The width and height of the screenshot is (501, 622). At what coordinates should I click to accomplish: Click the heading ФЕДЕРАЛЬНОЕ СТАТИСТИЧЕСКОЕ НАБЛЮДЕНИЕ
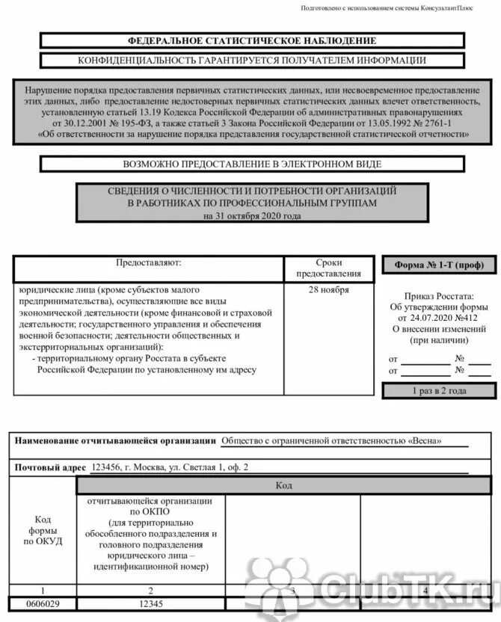pos(252,40)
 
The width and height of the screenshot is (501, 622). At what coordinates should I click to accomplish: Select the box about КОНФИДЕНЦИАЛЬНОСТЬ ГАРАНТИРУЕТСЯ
pos(252,61)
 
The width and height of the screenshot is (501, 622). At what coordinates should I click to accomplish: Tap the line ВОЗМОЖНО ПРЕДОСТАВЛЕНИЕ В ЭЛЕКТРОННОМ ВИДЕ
pos(252,164)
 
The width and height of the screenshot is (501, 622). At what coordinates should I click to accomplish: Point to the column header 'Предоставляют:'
pos(148,263)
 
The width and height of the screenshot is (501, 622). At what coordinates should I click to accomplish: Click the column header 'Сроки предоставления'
pos(329,268)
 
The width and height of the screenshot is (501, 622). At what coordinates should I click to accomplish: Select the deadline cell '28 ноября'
pos(329,291)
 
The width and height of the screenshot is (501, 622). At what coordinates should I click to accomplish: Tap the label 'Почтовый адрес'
pos(50,467)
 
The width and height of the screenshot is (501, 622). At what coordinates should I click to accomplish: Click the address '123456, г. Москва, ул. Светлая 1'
pos(169,467)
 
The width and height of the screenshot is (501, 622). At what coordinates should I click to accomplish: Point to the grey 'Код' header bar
pos(283,486)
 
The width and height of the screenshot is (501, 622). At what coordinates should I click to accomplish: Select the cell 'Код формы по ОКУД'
pos(43,530)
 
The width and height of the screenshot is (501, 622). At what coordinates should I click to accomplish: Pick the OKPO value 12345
pos(150,603)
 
